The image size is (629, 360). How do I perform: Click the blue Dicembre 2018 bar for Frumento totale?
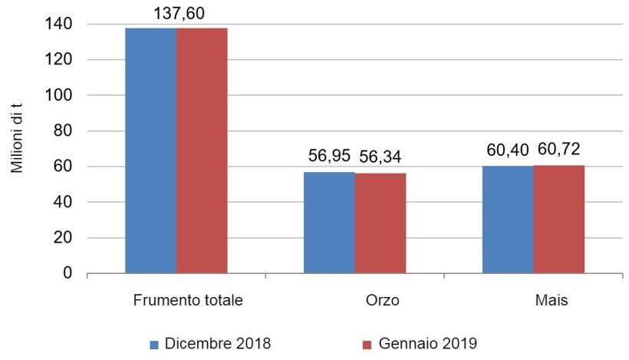151,150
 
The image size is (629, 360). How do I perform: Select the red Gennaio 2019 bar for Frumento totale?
202,150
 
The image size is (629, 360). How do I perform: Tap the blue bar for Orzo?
329,223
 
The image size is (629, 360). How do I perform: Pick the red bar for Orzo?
380,223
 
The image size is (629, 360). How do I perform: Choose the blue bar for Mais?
508,220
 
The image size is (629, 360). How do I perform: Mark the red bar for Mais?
559,219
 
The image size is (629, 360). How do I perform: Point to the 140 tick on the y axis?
63,25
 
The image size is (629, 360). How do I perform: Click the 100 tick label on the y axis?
63,96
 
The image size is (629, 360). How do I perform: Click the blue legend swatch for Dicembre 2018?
153,343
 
